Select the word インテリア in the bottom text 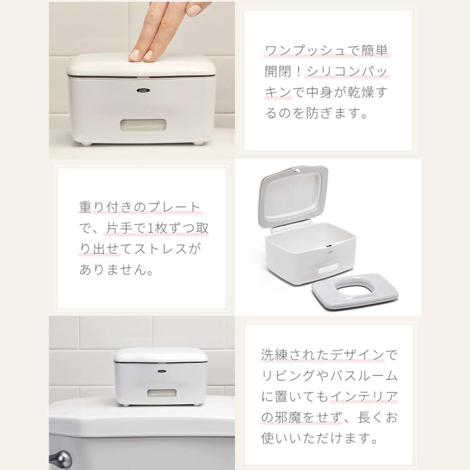pos(365,396)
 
